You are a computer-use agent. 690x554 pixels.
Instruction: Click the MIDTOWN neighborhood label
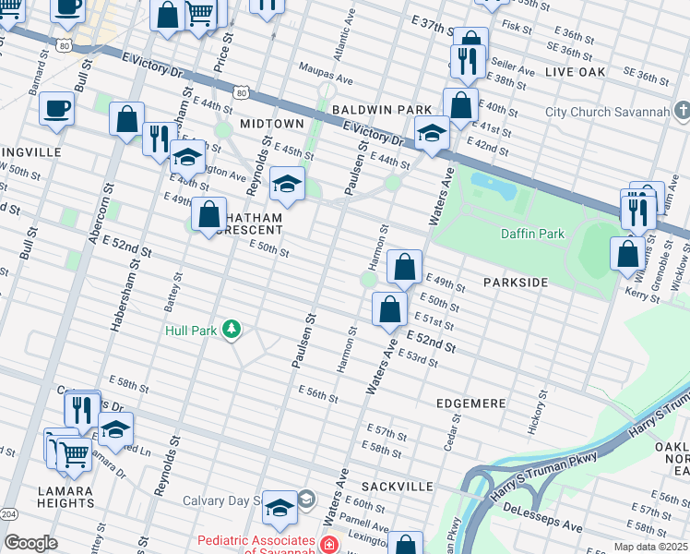[272, 123]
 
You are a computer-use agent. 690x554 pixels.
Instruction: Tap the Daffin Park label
[532, 234]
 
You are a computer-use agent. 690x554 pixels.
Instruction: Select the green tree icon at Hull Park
[232, 329]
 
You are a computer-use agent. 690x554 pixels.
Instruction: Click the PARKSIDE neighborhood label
[517, 282]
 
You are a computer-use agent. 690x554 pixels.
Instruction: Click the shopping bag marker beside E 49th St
[404, 269]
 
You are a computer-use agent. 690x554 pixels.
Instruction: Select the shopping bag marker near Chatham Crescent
[209, 217]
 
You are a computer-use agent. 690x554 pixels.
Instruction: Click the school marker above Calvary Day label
[280, 509]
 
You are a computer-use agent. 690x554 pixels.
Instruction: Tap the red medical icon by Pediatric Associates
[327, 545]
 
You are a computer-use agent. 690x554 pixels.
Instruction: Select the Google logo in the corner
[30, 543]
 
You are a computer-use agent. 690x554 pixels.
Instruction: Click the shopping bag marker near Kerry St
[627, 255]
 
